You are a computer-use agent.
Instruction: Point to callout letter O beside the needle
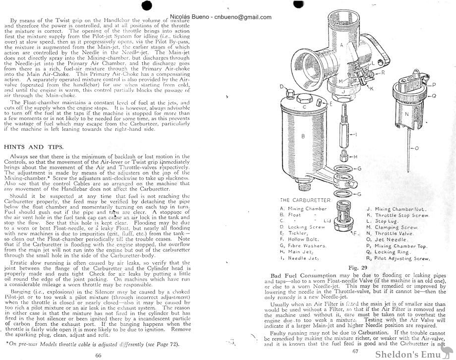point(417,148)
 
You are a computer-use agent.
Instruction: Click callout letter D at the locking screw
point(281,87)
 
